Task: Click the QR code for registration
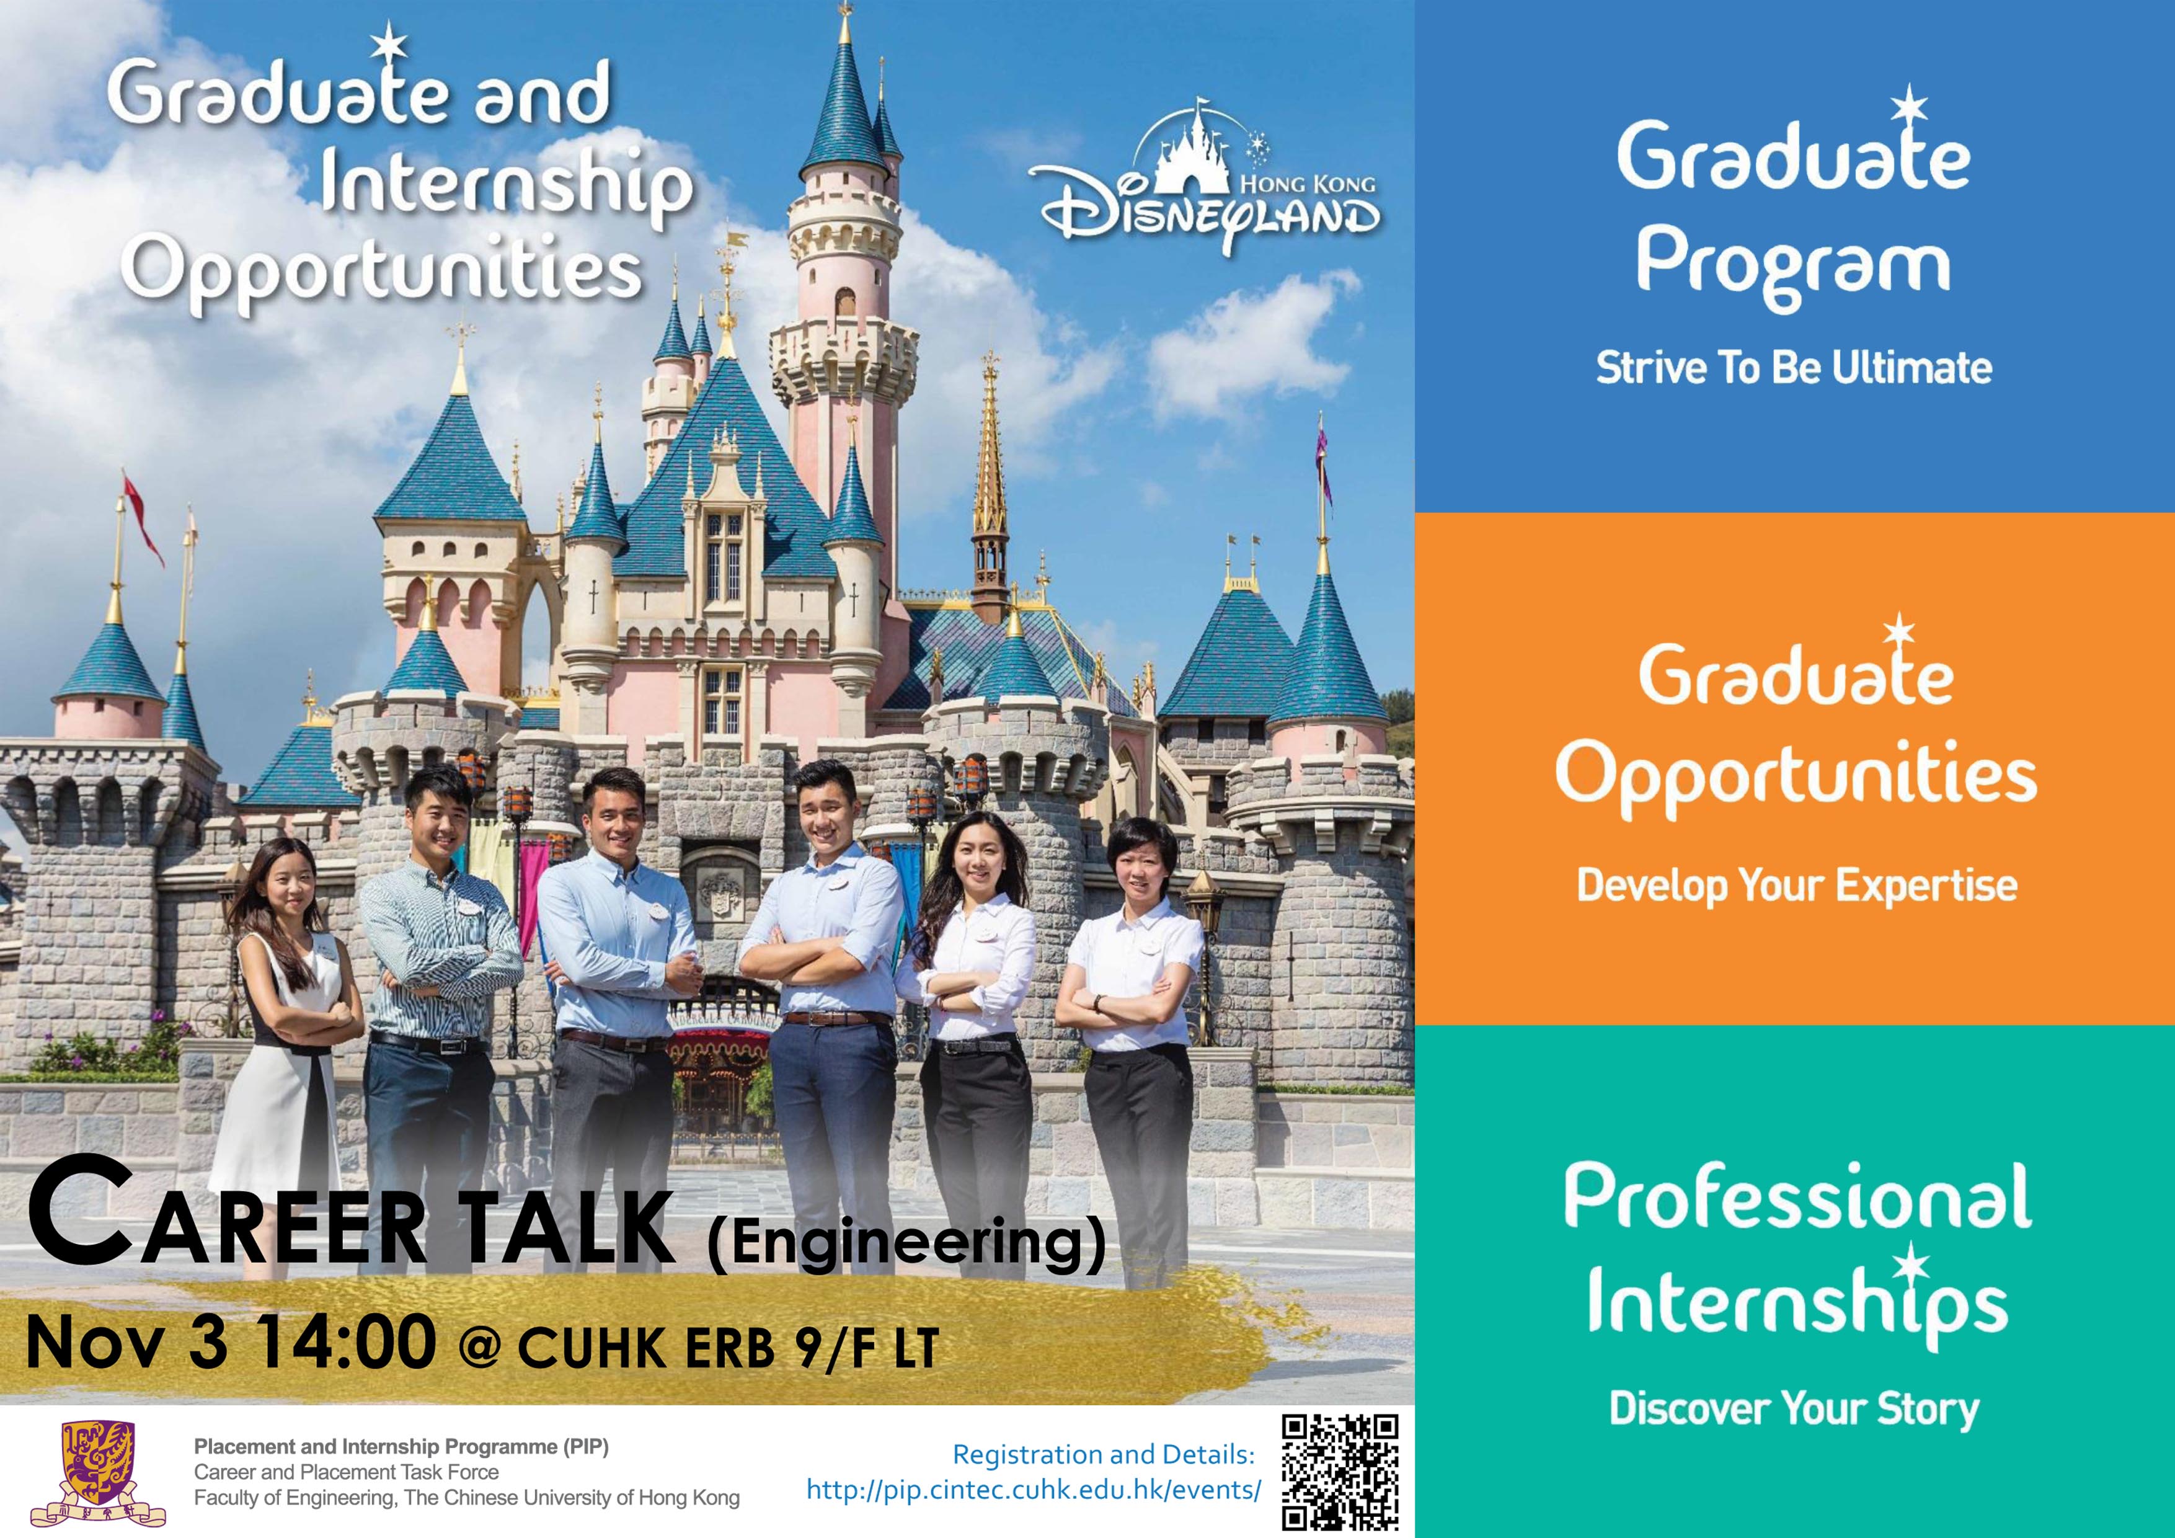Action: click(1339, 1472)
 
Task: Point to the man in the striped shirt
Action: click(438, 995)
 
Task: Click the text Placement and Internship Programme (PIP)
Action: click(402, 1447)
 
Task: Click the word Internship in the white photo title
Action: click(506, 190)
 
